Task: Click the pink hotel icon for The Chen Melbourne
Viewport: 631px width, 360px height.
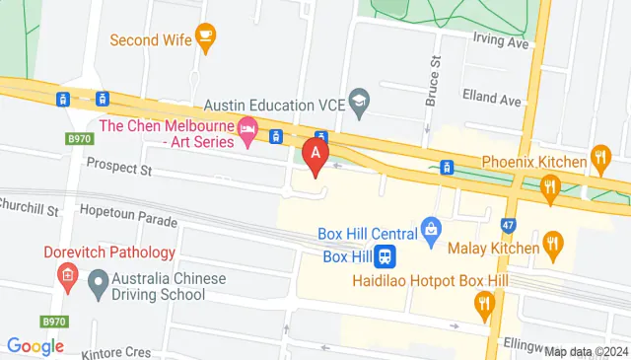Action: (x=248, y=129)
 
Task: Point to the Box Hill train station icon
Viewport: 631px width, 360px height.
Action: (x=387, y=255)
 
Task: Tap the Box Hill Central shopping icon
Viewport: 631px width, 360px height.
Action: (x=430, y=233)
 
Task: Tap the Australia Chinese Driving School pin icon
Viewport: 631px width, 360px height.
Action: (x=97, y=287)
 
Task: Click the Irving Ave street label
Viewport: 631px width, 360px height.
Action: (x=502, y=41)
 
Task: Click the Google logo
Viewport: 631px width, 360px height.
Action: (x=35, y=346)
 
